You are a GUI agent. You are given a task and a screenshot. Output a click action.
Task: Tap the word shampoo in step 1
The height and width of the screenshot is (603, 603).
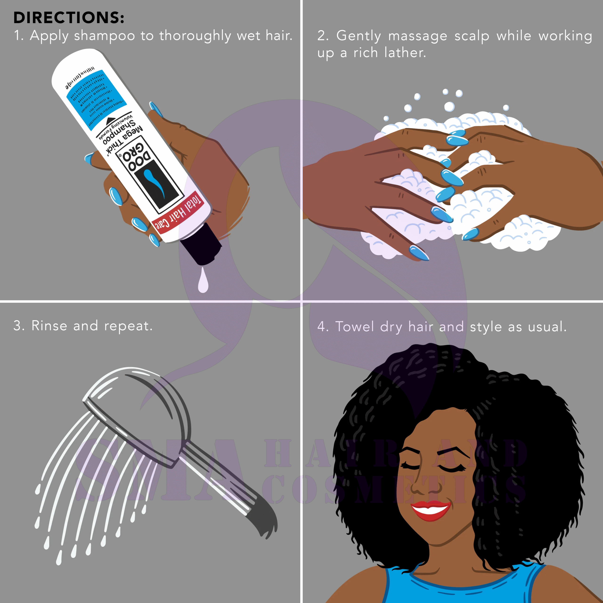click(x=104, y=36)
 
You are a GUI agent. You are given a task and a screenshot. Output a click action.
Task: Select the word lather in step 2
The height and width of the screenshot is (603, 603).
click(x=405, y=53)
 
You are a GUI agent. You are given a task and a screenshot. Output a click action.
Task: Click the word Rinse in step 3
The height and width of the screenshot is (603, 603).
click(x=49, y=326)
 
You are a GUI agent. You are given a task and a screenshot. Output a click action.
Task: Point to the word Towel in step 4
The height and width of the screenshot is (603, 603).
click(x=354, y=327)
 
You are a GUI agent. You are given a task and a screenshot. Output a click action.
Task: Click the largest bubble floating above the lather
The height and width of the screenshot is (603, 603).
click(x=449, y=106)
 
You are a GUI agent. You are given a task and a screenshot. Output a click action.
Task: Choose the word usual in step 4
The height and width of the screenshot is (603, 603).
click(x=547, y=327)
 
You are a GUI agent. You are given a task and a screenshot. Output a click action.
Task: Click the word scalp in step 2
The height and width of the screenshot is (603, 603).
click(x=472, y=36)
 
